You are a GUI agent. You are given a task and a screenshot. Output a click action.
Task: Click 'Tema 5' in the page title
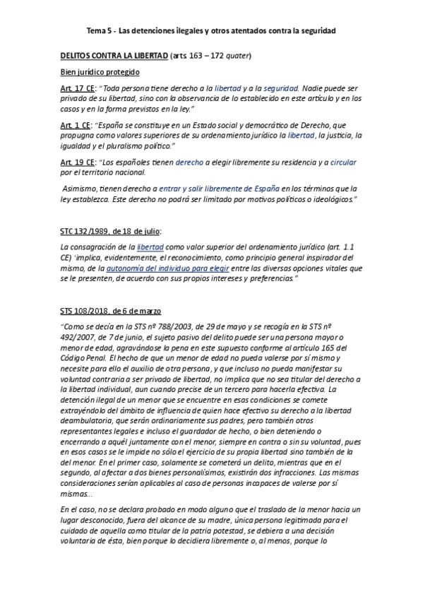100,32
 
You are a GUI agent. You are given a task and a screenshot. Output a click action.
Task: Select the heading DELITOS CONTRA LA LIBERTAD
114,56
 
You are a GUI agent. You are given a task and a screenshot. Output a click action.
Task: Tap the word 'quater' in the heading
237,56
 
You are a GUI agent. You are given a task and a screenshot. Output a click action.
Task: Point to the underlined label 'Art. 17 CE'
78,88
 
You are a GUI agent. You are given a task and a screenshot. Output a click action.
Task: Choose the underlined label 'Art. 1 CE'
76,124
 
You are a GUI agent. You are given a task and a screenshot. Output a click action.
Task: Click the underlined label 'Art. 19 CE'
78,162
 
